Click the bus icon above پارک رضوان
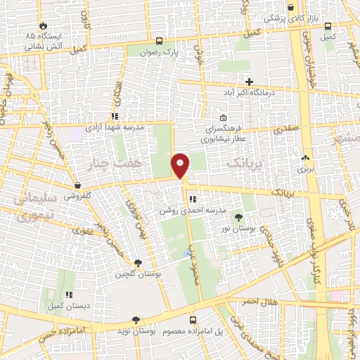click(x=160, y=41)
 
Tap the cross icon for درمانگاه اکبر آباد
click(x=249, y=82)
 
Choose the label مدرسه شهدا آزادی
click(x=114, y=128)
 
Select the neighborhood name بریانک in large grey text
click(x=247, y=162)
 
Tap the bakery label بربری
click(x=304, y=169)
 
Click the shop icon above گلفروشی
click(x=77, y=185)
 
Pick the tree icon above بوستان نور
click(x=238, y=217)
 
